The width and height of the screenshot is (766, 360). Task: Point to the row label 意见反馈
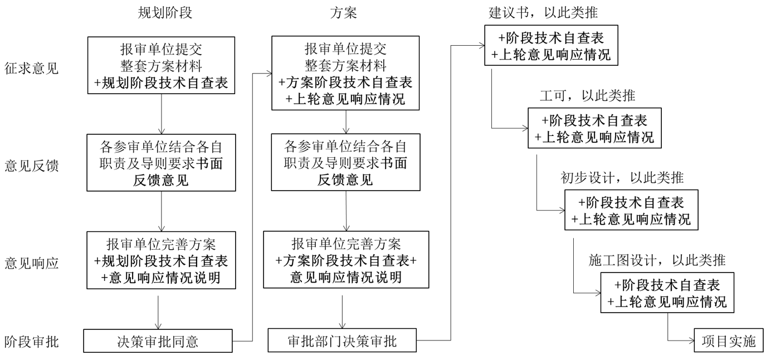(31, 166)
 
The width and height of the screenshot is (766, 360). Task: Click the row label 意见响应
(31, 262)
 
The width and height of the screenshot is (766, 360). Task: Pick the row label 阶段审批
(31, 341)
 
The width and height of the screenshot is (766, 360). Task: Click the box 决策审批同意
(158, 341)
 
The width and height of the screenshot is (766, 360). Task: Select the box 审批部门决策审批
(342, 341)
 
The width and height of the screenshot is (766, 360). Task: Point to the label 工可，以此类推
(587, 96)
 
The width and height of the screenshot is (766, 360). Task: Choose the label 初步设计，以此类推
(621, 178)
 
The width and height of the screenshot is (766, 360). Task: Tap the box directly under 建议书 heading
(551, 46)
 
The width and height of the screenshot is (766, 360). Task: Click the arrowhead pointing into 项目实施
(691, 341)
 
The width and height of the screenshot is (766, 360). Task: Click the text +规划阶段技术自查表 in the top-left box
(161, 84)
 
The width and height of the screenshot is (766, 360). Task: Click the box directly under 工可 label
(594, 128)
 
